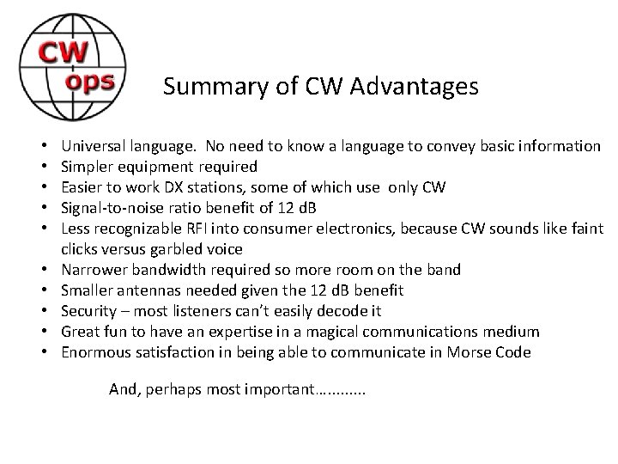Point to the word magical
click(333, 332)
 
